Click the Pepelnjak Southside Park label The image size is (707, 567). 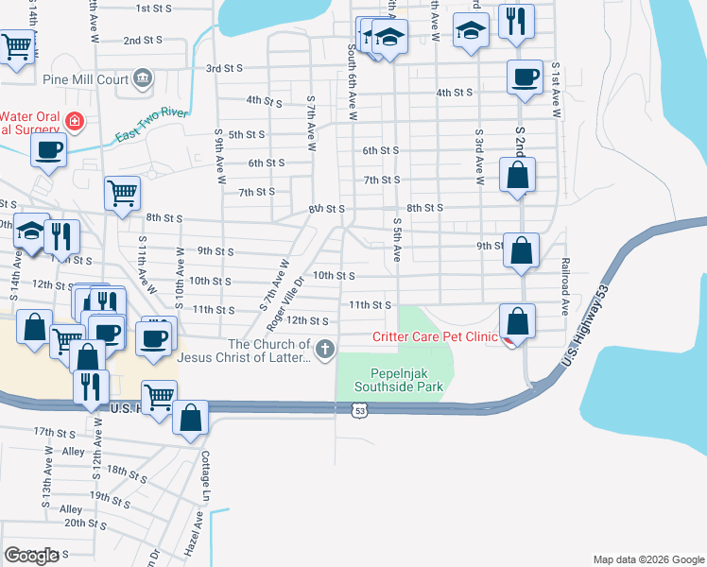click(398, 380)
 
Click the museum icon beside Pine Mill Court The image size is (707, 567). click(143, 77)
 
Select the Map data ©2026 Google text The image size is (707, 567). click(647, 559)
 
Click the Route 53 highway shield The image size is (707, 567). click(357, 410)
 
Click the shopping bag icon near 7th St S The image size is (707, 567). click(517, 174)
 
